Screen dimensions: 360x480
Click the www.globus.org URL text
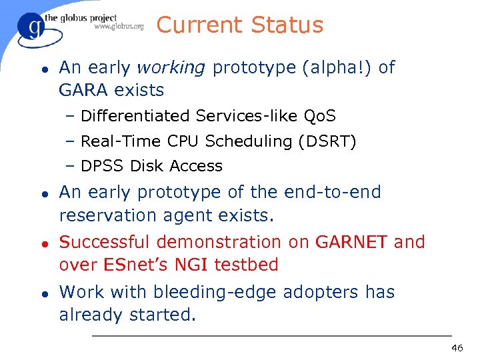point(119,27)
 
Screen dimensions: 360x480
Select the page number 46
point(457,348)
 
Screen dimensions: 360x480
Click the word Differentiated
point(135,116)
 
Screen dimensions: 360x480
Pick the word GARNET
point(351,242)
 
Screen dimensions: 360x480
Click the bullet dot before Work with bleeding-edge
point(44,293)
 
